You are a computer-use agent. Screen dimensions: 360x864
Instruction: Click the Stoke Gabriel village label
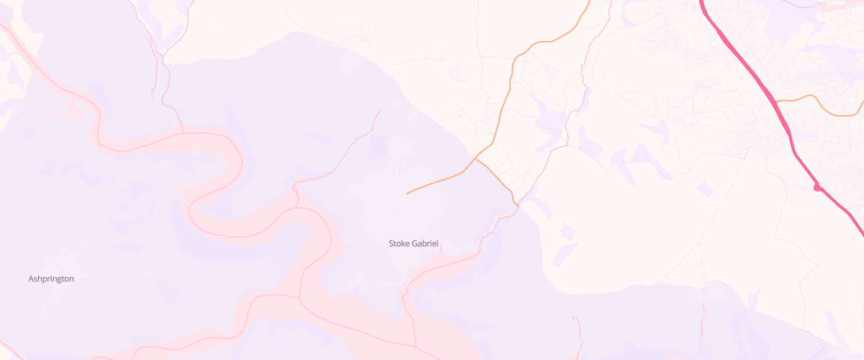pos(413,243)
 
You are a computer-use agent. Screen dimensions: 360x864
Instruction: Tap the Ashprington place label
pos(51,279)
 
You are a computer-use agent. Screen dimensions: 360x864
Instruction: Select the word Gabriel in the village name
pos(424,243)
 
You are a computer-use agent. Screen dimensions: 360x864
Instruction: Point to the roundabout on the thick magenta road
pos(817,188)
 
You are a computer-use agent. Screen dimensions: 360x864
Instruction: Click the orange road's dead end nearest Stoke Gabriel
pos(408,194)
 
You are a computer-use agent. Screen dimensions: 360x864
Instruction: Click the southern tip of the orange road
pos(517,205)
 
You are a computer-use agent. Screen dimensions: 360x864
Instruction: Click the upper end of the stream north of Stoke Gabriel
pos(379,111)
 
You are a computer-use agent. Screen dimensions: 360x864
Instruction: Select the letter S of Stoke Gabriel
pos(392,243)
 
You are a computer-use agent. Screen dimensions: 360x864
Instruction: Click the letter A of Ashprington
pos(31,279)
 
